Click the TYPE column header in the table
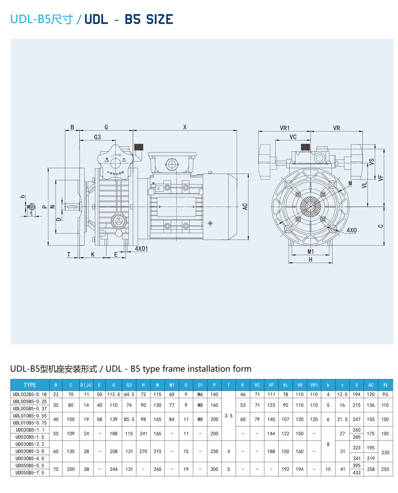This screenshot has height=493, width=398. pos(30,385)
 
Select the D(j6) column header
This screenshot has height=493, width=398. pos(86,385)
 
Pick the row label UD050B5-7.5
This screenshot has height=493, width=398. pos(30,473)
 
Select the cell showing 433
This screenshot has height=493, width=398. pos(357,473)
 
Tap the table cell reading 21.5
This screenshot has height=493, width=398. pos(342,419)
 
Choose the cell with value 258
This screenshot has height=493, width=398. pos(371,469)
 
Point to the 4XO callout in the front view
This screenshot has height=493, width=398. pos(351,230)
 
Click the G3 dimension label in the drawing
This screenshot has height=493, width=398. pos(97,137)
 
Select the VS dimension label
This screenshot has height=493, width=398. pos(371,162)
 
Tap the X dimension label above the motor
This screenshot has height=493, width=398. pos(184,127)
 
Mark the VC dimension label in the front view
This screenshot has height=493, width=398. pos(293,137)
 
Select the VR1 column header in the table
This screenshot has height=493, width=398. pos(314,385)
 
